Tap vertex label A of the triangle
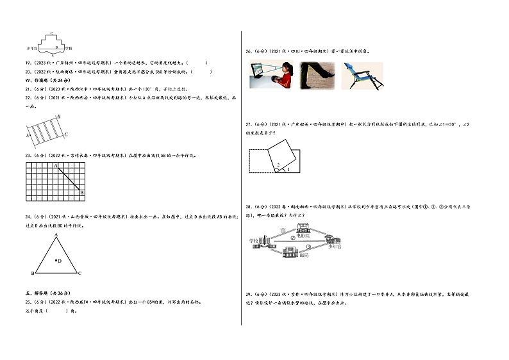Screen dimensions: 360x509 tap(56, 234)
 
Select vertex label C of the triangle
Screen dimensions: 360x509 tap(79, 274)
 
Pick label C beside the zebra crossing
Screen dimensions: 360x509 tap(66, 133)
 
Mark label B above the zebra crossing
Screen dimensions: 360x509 tap(58, 116)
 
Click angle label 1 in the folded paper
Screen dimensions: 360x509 tap(288, 170)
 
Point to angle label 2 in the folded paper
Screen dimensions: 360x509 tap(278, 165)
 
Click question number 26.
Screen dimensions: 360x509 tap(247, 51)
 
